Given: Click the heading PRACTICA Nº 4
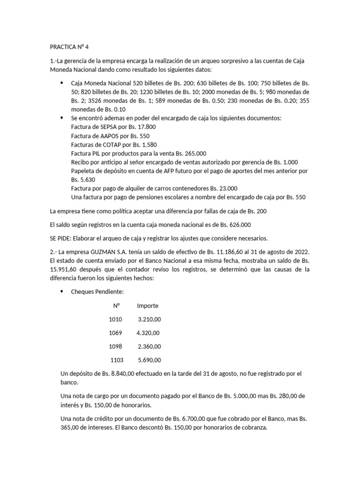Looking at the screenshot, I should tap(73, 47).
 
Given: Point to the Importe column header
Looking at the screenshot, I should tap(148, 306).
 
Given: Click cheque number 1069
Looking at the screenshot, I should tap(115, 333).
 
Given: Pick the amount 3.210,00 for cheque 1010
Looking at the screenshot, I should tap(150, 320).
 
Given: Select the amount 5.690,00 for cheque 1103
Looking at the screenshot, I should tap(150, 360).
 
